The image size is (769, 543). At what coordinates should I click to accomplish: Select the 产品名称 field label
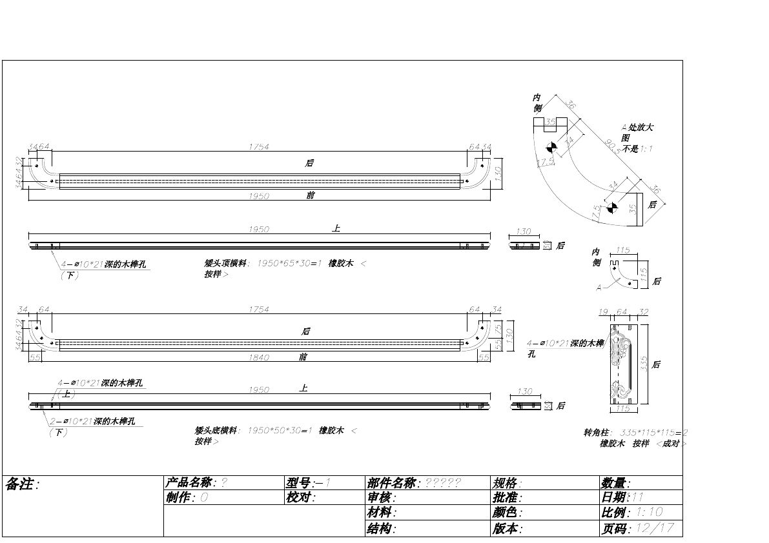189,482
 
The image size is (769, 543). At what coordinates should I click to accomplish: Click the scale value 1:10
650,513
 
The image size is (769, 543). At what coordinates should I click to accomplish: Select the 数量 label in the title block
615,483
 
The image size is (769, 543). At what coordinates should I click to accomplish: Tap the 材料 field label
380,513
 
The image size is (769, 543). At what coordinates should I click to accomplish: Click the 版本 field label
506,528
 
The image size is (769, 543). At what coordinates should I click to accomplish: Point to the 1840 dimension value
258,357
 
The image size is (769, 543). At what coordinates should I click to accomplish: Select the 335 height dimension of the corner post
643,364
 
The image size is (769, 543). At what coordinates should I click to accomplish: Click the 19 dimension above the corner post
603,312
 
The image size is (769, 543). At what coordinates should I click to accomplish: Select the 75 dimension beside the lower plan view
498,328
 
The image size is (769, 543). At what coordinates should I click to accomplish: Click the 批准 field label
506,497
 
